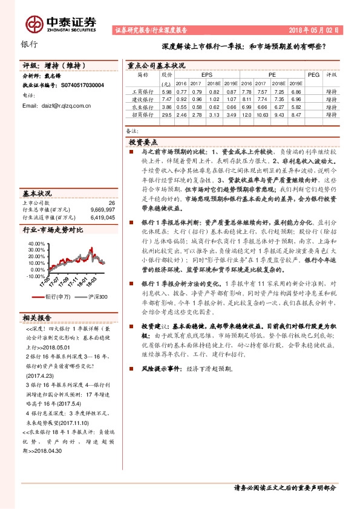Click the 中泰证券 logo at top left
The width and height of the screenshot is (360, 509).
point(61,23)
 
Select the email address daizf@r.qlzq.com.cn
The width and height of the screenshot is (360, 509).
point(56,106)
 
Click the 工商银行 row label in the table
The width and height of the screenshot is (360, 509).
point(143,91)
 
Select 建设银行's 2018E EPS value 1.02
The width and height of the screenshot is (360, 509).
point(212,99)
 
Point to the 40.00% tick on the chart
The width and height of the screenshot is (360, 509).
point(36,242)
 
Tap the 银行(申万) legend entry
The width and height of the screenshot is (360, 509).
point(59,296)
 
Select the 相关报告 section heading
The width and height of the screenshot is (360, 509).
point(37,318)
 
